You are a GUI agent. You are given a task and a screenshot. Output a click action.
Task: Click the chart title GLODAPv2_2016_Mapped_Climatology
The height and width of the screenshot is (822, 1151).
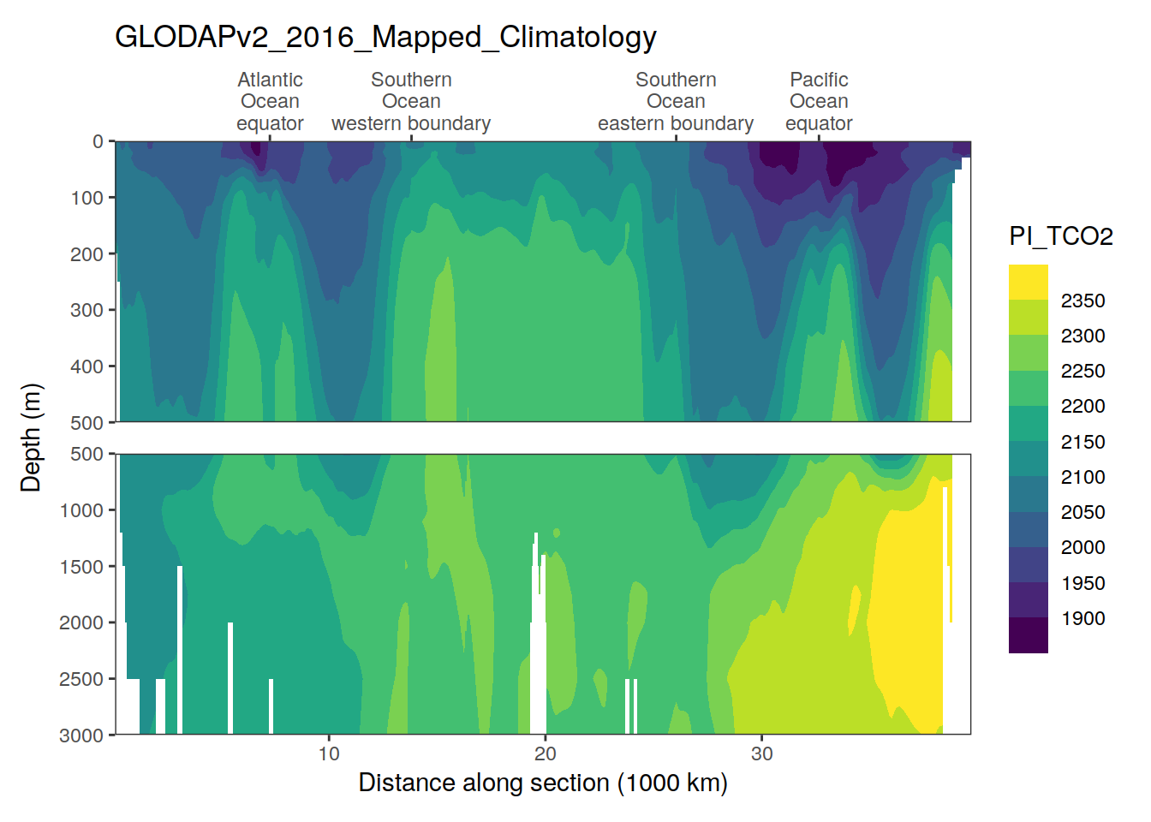pos(385,37)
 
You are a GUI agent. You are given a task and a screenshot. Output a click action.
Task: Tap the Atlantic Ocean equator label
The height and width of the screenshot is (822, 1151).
pos(270,101)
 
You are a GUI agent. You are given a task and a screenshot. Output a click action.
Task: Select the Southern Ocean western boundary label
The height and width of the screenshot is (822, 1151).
pos(411,101)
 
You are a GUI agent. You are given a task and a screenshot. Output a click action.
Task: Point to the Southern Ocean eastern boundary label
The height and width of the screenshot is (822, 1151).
pos(676,101)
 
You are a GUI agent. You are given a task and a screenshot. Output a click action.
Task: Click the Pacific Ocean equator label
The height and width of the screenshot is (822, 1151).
pos(819,101)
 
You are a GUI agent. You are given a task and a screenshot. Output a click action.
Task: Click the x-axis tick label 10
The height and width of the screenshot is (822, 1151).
pos(329,753)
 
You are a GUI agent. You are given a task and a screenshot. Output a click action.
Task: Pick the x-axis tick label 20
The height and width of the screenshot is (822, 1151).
pos(546,753)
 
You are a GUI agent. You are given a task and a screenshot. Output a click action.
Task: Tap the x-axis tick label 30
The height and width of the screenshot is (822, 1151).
pos(762,753)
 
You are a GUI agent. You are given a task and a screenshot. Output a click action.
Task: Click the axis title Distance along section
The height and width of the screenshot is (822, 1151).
pos(543,783)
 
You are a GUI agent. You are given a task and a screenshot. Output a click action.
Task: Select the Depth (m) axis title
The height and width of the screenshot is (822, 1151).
pos(31,438)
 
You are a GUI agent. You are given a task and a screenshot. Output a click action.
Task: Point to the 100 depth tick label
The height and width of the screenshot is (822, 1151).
pos(86,198)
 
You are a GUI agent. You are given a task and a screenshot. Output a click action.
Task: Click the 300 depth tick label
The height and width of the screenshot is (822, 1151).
pos(86,310)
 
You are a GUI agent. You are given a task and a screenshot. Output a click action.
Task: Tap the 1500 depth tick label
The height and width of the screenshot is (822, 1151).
pos(81,567)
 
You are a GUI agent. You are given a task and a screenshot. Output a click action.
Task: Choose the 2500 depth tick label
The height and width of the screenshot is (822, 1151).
pos(81,679)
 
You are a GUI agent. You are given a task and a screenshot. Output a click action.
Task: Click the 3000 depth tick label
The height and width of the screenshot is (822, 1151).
pos(81,736)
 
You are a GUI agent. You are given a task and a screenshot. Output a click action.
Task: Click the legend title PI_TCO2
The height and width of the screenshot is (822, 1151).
pos(1061,236)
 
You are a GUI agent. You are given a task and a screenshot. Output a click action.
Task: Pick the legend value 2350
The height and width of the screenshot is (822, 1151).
pos(1082,301)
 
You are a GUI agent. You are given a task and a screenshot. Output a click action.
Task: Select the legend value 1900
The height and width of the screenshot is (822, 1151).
pos(1082,618)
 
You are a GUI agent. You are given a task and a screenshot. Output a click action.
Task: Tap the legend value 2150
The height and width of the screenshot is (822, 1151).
pos(1082,442)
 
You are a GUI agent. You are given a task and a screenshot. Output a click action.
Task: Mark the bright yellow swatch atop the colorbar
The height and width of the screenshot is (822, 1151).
pos(1028,282)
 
